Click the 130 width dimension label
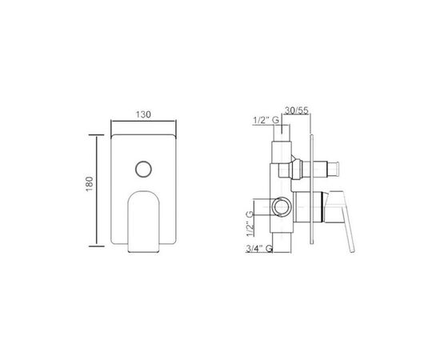click(143, 114)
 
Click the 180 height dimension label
click(89, 184)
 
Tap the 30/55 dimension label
click(297, 110)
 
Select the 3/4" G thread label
click(259, 248)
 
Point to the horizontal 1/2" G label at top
click(266, 120)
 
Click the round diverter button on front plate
click(144, 169)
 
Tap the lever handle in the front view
click(144, 222)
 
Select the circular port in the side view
click(281, 207)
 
